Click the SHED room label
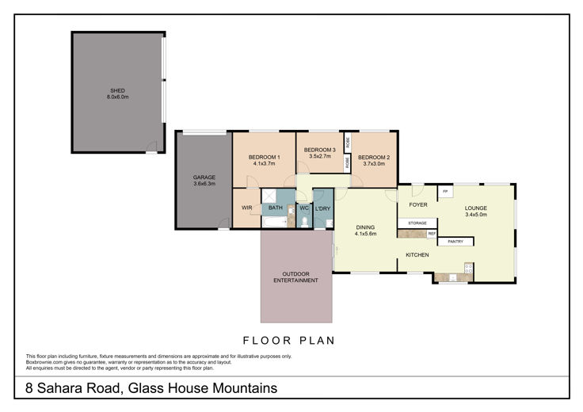pyautogui.click(x=117, y=90)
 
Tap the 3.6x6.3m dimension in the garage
pyautogui.click(x=204, y=184)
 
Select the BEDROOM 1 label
pyautogui.click(x=265, y=157)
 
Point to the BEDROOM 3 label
pyautogui.click(x=320, y=150)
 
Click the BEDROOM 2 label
pyautogui.click(x=374, y=158)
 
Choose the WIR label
pyautogui.click(x=247, y=208)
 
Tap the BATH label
pyautogui.click(x=276, y=208)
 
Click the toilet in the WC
pyautogui.click(x=305, y=222)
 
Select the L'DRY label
pyautogui.click(x=322, y=208)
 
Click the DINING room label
pyautogui.click(x=365, y=227)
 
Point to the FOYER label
pyautogui.click(x=418, y=205)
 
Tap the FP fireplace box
pyautogui.click(x=445, y=192)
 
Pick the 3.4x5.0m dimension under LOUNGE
pyautogui.click(x=476, y=215)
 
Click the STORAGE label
pyautogui.click(x=417, y=223)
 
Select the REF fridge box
pyautogui.click(x=432, y=234)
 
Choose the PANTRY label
pyautogui.click(x=455, y=242)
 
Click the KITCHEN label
pyautogui.click(x=417, y=255)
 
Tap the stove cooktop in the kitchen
pyautogui.click(x=468, y=268)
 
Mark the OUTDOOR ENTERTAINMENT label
pyautogui.click(x=296, y=277)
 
